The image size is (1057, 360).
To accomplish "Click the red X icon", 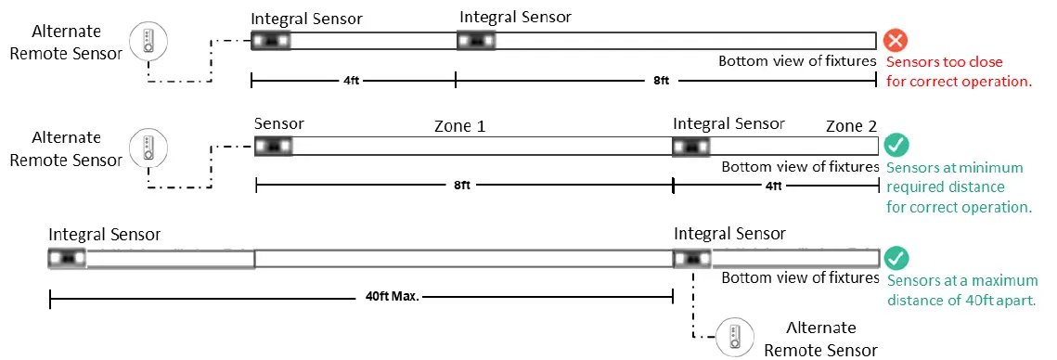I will coord(896,40).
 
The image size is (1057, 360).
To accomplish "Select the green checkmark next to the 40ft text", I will coord(896,259).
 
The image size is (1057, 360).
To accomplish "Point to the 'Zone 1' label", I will coord(460,126).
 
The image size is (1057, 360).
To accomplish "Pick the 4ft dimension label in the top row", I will coord(352,81).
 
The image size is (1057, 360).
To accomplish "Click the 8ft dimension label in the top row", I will coord(661,81).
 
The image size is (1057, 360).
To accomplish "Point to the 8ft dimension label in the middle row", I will coord(462,186).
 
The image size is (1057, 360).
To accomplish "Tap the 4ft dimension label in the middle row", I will coord(772,186).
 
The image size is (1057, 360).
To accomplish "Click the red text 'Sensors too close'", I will coord(946,63).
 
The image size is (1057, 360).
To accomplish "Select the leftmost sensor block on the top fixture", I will coord(271,41).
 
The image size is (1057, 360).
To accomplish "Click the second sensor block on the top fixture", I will coord(477,41).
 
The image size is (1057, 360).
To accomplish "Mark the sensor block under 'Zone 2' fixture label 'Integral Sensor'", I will coord(691,147).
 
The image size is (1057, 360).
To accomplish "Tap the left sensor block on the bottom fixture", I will coord(67,258).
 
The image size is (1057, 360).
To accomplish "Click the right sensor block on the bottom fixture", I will coord(691,258).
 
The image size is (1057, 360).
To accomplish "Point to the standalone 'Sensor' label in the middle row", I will coord(278,123).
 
